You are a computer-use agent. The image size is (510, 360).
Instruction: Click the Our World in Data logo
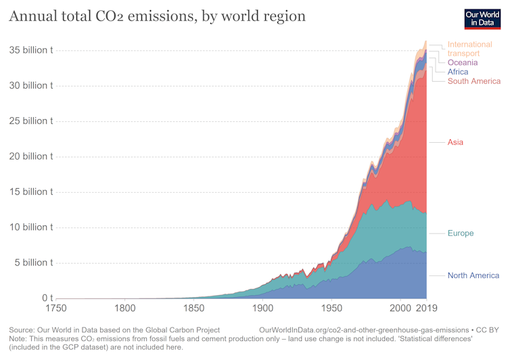point(482,18)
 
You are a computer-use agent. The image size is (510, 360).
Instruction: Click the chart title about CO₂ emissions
point(157,16)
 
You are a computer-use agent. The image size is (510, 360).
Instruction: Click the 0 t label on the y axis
point(47,298)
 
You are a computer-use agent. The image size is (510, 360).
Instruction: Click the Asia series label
point(455,143)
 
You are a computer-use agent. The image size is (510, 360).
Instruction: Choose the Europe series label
point(461,233)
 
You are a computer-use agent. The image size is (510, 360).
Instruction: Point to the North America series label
point(473,275)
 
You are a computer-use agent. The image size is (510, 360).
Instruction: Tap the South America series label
point(474,81)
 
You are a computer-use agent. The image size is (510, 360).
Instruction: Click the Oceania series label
point(463,63)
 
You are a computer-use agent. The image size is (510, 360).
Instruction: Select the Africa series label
point(458,72)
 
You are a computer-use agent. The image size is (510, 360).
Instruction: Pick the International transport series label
point(469,49)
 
